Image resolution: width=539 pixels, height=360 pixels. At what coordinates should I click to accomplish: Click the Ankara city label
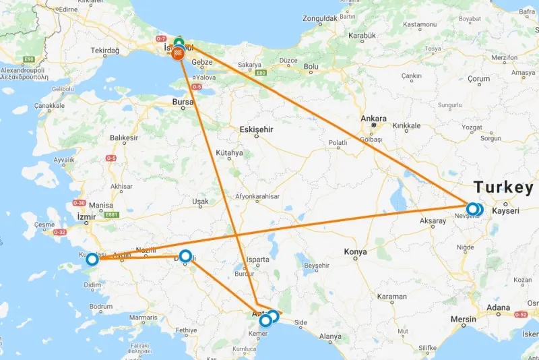coord(373,119)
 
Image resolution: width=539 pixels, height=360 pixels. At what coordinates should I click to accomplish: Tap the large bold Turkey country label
coord(503,187)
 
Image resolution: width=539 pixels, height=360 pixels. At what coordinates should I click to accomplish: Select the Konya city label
coord(355,251)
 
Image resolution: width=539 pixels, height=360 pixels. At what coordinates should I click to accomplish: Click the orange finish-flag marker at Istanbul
coord(179,53)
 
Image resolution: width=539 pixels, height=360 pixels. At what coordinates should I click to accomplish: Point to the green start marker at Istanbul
coord(179,44)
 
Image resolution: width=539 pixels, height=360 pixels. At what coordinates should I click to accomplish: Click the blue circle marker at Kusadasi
coord(92,258)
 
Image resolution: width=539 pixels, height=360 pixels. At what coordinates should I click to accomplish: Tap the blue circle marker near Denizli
coord(185,256)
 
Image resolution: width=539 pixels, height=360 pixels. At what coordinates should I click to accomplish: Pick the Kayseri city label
coord(506,211)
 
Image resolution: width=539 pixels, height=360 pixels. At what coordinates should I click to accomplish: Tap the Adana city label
coord(499,308)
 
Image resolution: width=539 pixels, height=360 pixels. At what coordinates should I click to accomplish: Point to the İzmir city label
coord(87,216)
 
